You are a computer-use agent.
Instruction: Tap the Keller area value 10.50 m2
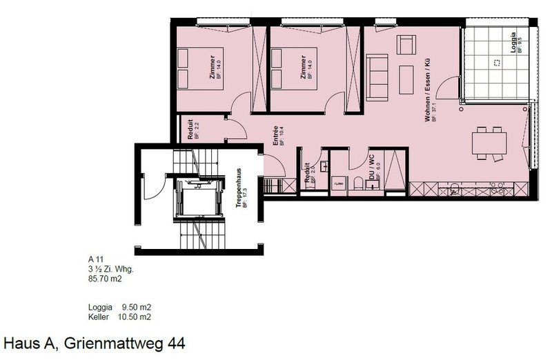(137, 317)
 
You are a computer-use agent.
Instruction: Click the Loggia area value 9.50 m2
(137, 307)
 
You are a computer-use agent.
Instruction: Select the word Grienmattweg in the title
(110, 343)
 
